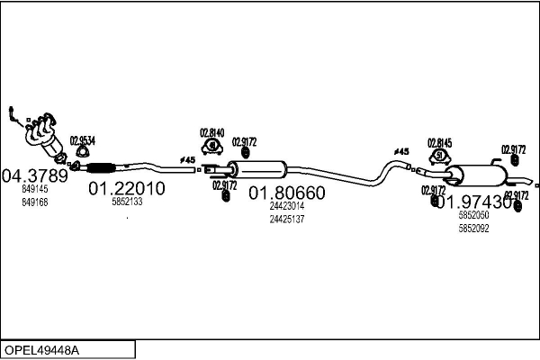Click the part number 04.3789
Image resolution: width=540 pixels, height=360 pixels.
click(x=35, y=175)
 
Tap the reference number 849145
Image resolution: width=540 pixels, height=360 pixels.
click(x=35, y=190)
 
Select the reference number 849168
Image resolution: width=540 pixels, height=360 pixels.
click(x=35, y=202)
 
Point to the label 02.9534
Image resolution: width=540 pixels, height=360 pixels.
click(x=82, y=140)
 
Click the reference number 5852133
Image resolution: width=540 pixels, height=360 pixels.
click(x=127, y=202)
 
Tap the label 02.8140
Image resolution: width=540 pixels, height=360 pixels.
click(x=211, y=131)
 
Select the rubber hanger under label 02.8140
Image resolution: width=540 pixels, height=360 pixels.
click(x=211, y=146)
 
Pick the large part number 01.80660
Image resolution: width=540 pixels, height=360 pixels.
click(x=286, y=193)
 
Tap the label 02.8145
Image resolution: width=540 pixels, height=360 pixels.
click(x=440, y=142)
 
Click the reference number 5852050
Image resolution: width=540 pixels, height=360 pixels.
click(x=473, y=216)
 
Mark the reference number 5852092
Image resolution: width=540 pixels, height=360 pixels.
click(x=473, y=229)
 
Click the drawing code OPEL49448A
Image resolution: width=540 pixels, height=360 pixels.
click(x=42, y=349)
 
